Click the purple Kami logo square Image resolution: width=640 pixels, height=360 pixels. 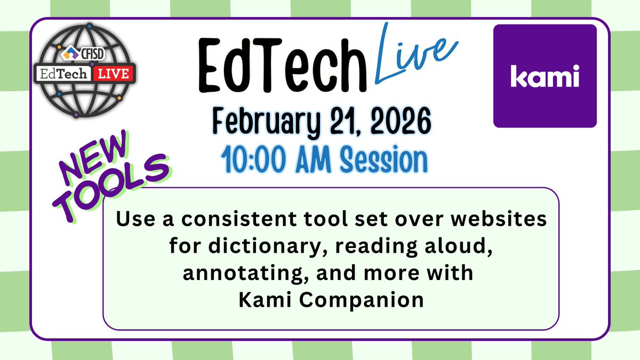coord(545,76)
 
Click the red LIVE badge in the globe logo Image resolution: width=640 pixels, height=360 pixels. coord(111,74)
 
